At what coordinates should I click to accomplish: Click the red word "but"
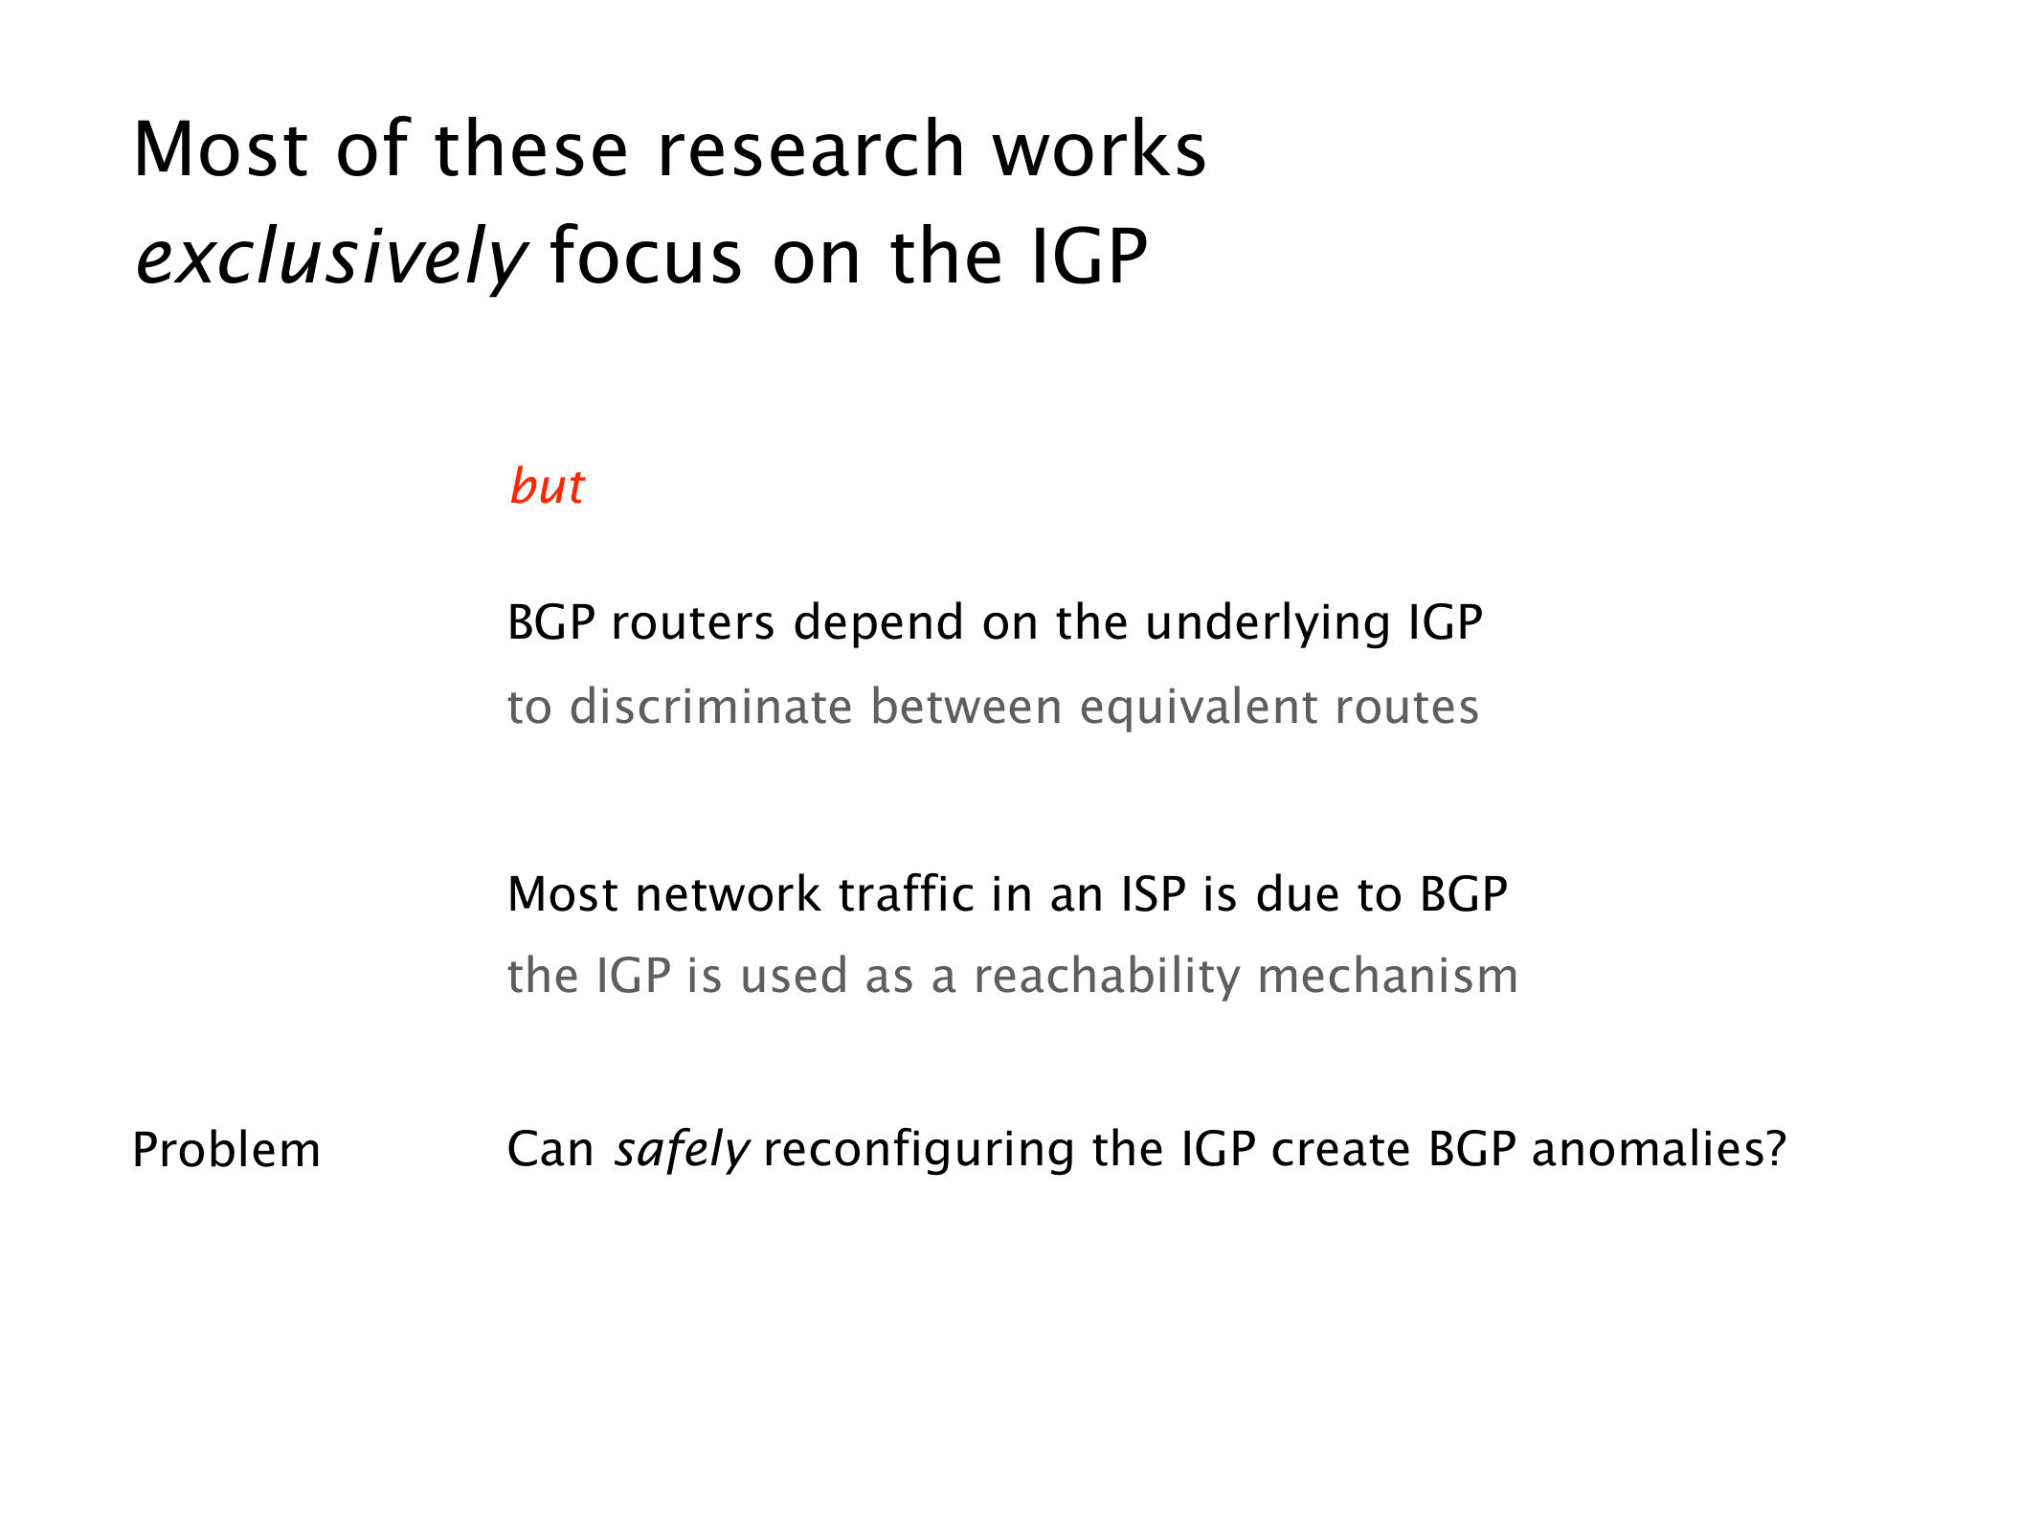pyautogui.click(x=547, y=486)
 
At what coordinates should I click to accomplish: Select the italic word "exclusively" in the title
pyautogui.click(x=331, y=258)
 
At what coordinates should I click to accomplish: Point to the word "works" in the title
pyautogui.click(x=1100, y=149)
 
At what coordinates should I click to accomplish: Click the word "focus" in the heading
pyautogui.click(x=646, y=256)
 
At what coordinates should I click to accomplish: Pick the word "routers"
pyautogui.click(x=692, y=623)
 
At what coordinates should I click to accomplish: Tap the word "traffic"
pyautogui.click(x=906, y=894)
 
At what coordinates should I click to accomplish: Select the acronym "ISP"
pyautogui.click(x=1154, y=894)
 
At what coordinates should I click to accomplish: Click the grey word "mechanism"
pyautogui.click(x=1387, y=977)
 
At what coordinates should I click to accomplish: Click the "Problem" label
pyautogui.click(x=226, y=1150)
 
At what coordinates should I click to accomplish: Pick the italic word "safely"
pyautogui.click(x=682, y=1150)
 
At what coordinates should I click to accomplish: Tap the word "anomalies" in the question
pyautogui.click(x=1647, y=1149)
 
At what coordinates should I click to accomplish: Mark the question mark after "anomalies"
pyautogui.click(x=1775, y=1149)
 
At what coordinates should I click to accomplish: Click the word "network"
pyautogui.click(x=727, y=894)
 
